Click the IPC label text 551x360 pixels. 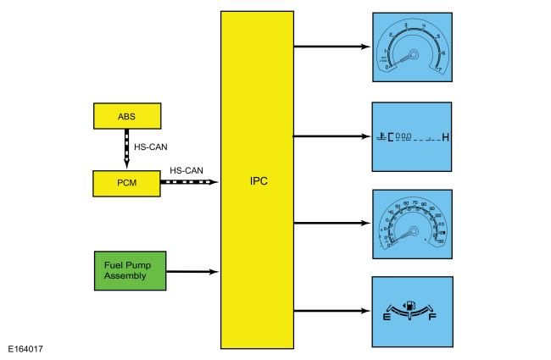pyautogui.click(x=258, y=181)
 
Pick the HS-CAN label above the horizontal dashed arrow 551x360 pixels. pyautogui.click(x=186, y=170)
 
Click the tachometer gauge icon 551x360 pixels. pyautogui.click(x=412, y=47)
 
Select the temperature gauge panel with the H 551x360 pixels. pyautogui.click(x=412, y=136)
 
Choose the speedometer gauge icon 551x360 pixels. pyautogui.click(x=412, y=224)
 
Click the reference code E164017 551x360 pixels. pyautogui.click(x=26, y=348)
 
